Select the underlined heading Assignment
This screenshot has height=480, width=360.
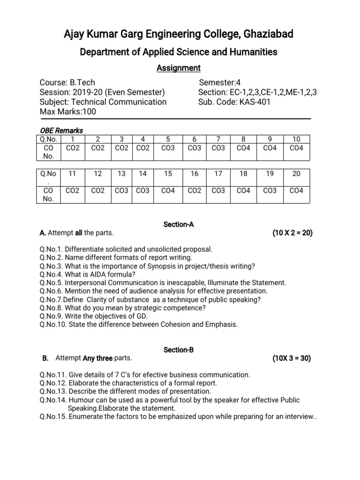178,68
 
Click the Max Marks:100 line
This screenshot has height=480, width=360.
67,112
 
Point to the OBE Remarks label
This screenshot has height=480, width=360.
61,131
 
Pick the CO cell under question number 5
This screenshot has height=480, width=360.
168,148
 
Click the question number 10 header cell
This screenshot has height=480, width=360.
296,139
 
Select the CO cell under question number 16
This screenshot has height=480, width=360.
195,190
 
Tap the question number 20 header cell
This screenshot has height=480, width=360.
296,173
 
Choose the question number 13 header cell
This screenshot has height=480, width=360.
122,173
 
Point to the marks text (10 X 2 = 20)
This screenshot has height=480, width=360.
292,233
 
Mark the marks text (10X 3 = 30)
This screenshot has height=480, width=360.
292,359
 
